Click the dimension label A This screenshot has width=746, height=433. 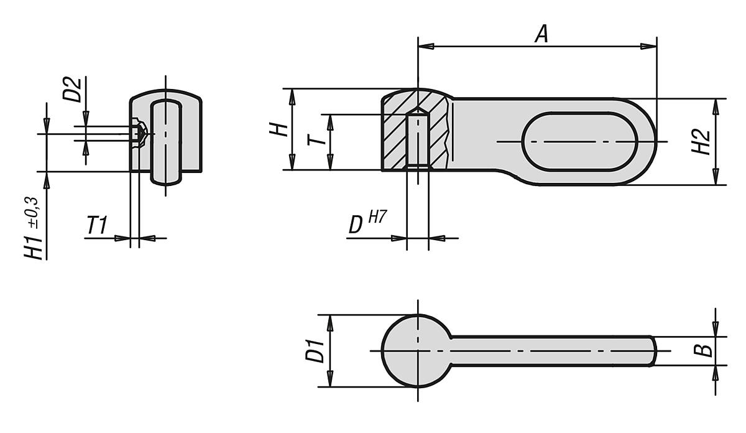542,34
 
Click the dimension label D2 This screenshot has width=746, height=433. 73,90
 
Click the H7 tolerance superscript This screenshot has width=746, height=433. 377,217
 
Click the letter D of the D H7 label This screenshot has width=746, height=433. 356,225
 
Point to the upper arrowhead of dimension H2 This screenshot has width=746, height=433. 716,103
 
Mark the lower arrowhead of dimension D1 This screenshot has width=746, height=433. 330,382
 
